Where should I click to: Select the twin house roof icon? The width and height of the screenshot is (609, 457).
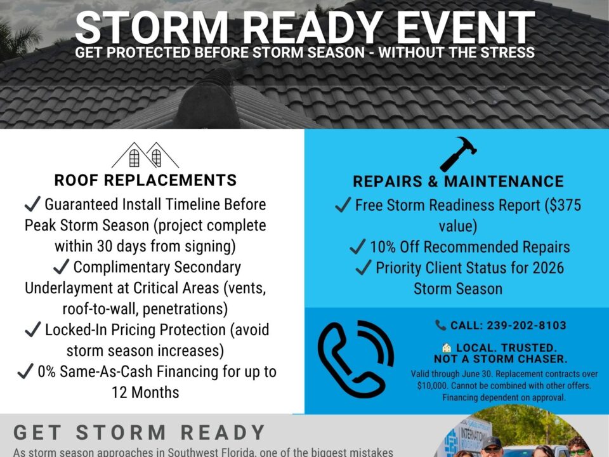click(x=145, y=156)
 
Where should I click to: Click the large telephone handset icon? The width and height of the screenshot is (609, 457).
click(x=355, y=358)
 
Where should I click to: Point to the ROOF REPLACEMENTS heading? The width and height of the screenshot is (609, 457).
click(x=145, y=180)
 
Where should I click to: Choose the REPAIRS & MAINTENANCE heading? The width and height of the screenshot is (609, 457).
click(x=458, y=182)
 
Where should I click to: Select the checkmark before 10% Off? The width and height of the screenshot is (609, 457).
click(x=358, y=246)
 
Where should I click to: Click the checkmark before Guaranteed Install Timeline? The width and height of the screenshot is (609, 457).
click(x=32, y=204)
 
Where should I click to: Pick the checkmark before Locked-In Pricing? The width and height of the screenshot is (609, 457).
click(x=32, y=330)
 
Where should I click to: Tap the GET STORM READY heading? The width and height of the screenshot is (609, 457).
click(x=140, y=433)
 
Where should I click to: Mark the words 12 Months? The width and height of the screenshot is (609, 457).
click(x=145, y=392)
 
